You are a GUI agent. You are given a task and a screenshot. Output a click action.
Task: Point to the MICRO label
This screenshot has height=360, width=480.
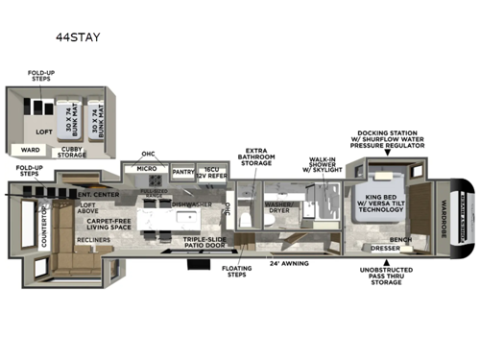147,170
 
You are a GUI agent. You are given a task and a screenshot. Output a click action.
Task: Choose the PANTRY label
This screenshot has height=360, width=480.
182,172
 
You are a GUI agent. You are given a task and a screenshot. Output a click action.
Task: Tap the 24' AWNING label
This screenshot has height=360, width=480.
287,263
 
